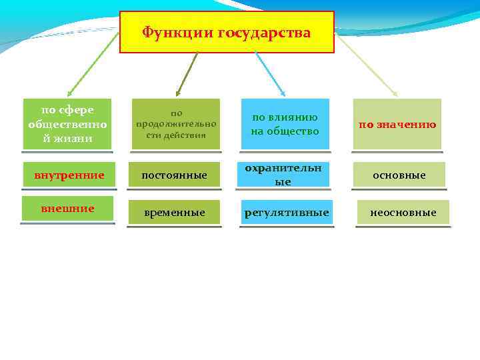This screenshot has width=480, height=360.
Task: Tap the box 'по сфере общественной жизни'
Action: (x=67, y=124)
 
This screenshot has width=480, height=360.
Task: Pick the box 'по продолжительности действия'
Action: (x=176, y=124)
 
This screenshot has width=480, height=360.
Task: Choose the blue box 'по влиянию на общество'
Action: (x=285, y=124)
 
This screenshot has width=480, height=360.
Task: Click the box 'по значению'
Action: (x=397, y=124)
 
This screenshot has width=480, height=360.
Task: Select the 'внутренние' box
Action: (x=69, y=175)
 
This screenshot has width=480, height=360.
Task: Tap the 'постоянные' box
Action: (x=176, y=175)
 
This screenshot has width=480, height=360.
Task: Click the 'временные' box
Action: (x=176, y=213)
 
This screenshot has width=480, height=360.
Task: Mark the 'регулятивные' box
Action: (x=287, y=213)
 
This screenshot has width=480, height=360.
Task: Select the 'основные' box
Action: (x=399, y=175)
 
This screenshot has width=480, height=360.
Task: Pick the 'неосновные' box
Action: (x=403, y=213)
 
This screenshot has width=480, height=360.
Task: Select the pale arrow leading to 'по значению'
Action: (x=367, y=65)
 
